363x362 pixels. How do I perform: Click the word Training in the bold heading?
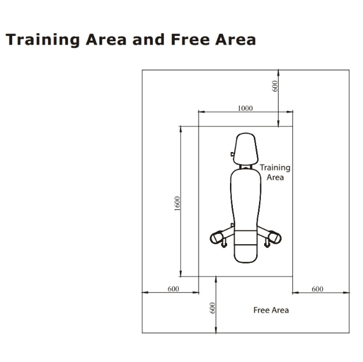pos(43,40)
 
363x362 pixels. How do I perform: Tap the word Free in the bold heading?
pos(191,39)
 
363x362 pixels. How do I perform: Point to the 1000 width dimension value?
pos(245,108)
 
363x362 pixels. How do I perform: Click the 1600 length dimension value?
pos(177,204)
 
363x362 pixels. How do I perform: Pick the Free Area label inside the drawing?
pos(271,310)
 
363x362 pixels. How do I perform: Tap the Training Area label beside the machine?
pos(275,172)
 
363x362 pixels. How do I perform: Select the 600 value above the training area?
pos(275,86)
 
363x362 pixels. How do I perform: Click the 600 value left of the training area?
pos(173,289)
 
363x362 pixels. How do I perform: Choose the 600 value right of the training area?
pos(317,289)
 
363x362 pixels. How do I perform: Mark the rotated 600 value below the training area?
pos(213,308)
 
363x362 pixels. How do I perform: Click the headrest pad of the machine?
pos(246,149)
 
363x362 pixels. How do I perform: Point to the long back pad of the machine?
pos(246,200)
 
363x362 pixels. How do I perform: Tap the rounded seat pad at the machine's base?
pos(246,254)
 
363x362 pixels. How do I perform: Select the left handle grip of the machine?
pos(217,237)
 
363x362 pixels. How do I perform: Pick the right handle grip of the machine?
pos(274,237)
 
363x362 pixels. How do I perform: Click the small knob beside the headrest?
pos(232,154)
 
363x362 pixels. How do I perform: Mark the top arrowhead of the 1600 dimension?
pos(181,129)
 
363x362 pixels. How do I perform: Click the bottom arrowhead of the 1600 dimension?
pos(181,273)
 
